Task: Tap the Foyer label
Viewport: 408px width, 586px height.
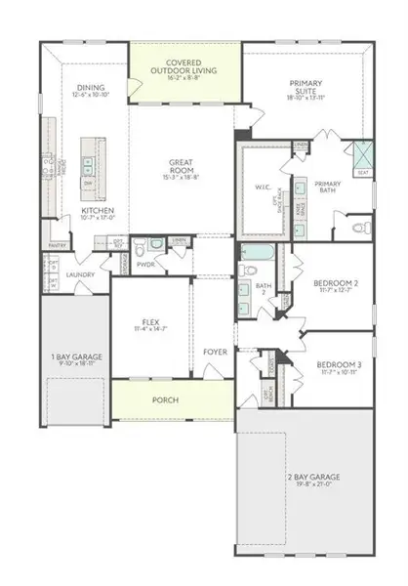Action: pyautogui.click(x=215, y=350)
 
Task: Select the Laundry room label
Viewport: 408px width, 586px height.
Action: pyautogui.click(x=80, y=274)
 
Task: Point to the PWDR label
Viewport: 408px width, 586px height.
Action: pyautogui.click(x=146, y=264)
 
